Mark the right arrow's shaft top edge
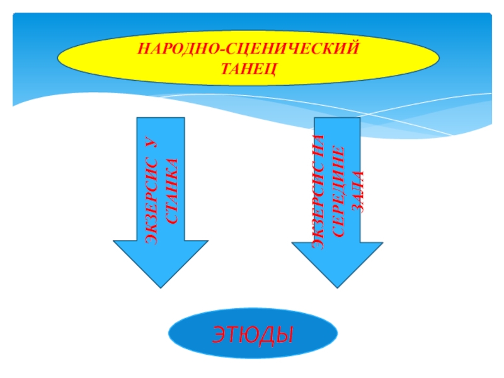pyautogui.click(x=337, y=118)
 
